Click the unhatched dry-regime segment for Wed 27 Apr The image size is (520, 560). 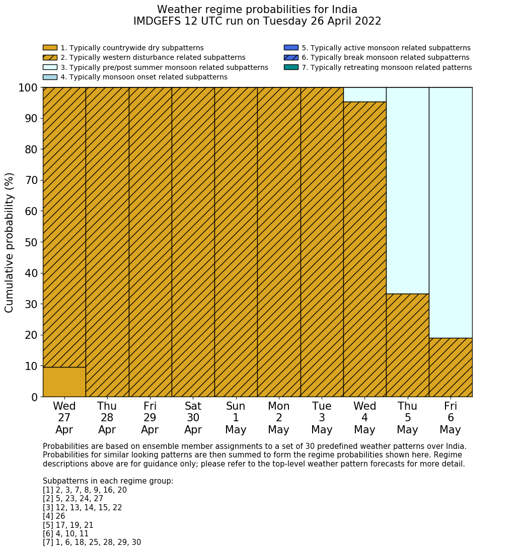point(64,382)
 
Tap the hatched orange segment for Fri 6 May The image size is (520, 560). point(451,367)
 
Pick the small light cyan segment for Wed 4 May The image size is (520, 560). point(364,95)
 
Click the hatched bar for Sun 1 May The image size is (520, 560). point(236,242)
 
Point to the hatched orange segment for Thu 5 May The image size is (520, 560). point(407,345)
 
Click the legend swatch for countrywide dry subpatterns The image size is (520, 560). point(50,48)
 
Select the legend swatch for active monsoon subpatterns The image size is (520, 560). point(291,48)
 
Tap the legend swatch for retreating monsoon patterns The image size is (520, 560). point(291,67)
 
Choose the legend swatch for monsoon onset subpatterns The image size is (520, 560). point(50,77)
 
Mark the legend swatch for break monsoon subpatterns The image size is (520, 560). point(291,58)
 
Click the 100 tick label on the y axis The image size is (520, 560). point(28,88)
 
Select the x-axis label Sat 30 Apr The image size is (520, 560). point(193,418)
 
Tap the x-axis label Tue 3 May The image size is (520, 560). point(322,418)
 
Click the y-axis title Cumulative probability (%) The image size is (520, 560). point(10,242)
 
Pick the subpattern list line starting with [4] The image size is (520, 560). point(54,516)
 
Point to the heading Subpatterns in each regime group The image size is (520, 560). point(108,481)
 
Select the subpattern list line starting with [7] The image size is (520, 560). point(92,542)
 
